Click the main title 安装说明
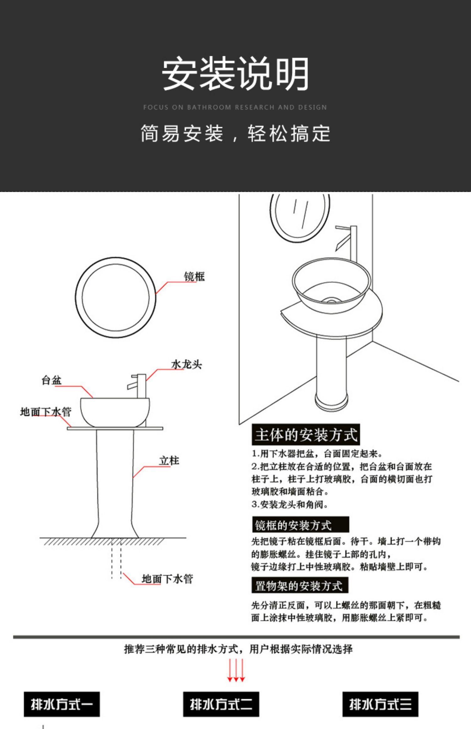[x=235, y=73]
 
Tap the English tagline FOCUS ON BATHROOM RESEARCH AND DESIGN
[x=235, y=107]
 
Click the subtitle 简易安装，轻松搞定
[x=235, y=133]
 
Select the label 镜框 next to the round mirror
[x=194, y=277]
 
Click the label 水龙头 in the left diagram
[x=187, y=364]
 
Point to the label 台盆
[x=51, y=380]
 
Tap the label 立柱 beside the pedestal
[x=169, y=461]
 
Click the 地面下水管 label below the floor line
[x=167, y=579]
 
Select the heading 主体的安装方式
[x=306, y=435]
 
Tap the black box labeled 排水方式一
[x=62, y=704]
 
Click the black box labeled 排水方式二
[x=221, y=704]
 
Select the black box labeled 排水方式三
[x=380, y=704]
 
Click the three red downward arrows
[x=236, y=670]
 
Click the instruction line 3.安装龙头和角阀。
[x=290, y=505]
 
